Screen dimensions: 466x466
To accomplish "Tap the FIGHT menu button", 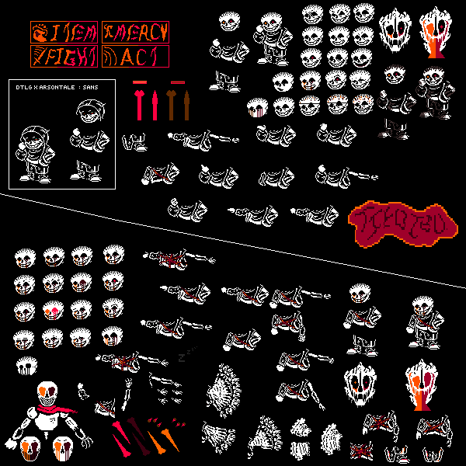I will (x=64, y=56).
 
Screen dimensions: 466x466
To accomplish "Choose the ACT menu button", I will (x=135, y=56).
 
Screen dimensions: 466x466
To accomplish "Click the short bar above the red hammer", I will (x=140, y=82).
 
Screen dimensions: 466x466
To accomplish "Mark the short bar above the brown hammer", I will (x=178, y=82).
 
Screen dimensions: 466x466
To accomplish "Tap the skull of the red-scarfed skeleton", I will (x=47, y=392).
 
